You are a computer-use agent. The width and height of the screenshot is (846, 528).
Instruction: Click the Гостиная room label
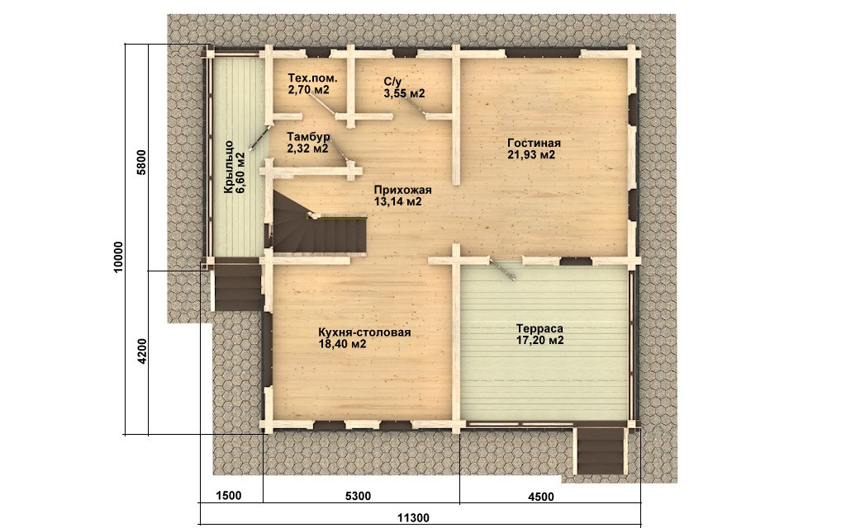(535, 144)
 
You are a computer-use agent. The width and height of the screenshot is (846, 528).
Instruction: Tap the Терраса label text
(539, 328)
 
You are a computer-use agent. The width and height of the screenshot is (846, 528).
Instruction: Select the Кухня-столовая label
(364, 332)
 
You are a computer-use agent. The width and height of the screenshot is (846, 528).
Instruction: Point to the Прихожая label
(402, 191)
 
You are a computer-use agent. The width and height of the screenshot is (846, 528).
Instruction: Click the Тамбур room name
(308, 137)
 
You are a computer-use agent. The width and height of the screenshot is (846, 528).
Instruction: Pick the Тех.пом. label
(313, 78)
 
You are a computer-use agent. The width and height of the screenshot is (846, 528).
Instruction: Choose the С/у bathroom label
(392, 82)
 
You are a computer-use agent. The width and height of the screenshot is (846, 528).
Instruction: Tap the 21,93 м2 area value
(531, 155)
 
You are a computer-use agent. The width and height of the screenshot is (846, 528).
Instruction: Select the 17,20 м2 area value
(539, 341)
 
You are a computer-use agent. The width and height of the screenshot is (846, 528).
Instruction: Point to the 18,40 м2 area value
(343, 344)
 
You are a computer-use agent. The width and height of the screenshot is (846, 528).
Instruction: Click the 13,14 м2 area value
(397, 202)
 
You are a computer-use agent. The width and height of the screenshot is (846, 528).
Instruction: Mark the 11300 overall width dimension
(414, 518)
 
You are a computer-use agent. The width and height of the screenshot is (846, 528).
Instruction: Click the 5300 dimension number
(358, 496)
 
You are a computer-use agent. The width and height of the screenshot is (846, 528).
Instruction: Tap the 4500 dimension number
(540, 497)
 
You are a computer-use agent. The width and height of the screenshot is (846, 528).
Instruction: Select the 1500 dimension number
(228, 496)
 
